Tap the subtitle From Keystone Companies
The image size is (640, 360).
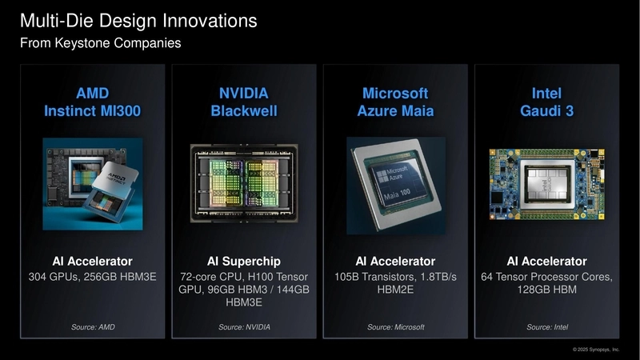(100, 42)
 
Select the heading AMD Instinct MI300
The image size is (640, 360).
(92, 102)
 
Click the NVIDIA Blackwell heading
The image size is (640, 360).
(243, 102)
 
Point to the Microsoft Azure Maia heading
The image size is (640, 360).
(395, 102)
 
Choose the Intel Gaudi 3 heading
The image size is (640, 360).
(546, 102)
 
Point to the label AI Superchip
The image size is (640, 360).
(243, 262)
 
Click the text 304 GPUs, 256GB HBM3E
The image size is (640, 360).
(92, 277)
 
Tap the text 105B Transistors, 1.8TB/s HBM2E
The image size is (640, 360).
(395, 283)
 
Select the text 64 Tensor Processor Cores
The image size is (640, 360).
(546, 277)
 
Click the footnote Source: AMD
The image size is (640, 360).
(92, 327)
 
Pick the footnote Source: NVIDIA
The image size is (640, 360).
(243, 327)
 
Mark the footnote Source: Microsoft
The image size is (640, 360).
(395, 327)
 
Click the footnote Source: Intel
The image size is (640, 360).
(546, 327)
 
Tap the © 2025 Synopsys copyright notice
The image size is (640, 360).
(596, 350)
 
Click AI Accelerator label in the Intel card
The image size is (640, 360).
(546, 262)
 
